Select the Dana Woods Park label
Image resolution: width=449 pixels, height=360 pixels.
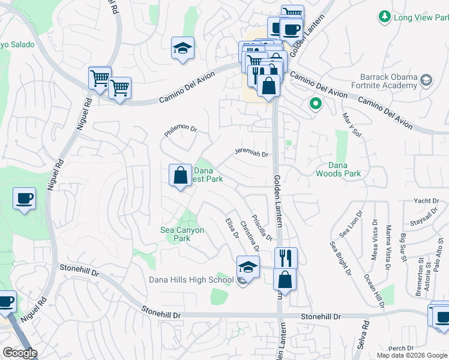tap(339, 169)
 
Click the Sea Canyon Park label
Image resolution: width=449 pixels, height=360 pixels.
tap(182, 234)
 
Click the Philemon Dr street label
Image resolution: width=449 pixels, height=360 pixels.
tap(181, 128)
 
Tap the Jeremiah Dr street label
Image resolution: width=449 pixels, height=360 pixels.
tap(251, 153)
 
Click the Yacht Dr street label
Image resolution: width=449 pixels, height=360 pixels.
tap(427, 201)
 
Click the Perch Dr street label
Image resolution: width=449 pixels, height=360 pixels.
tap(401, 348)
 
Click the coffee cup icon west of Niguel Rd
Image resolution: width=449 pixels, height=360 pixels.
tap(24, 198)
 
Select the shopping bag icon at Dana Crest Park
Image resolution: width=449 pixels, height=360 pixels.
tap(180, 176)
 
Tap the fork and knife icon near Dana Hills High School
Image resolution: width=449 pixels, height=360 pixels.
tap(286, 258)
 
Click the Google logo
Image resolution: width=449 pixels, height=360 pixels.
tap(19, 353)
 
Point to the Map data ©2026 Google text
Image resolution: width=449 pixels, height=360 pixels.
tap(411, 355)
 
